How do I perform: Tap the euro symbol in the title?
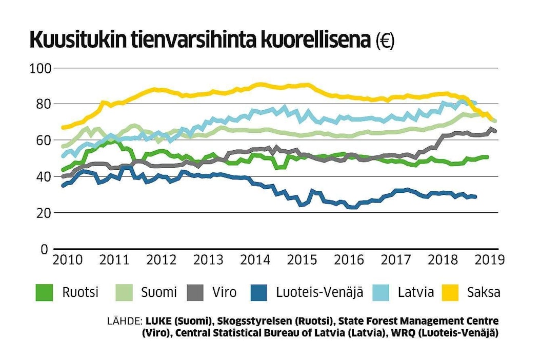[385, 41]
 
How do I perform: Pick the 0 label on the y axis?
[45, 249]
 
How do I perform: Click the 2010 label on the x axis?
[68, 259]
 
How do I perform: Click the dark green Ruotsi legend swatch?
[44, 293]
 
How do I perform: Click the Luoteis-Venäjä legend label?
[319, 293]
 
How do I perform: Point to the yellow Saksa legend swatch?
[454, 293]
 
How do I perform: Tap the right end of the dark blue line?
[475, 196]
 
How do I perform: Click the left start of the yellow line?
[63, 127]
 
